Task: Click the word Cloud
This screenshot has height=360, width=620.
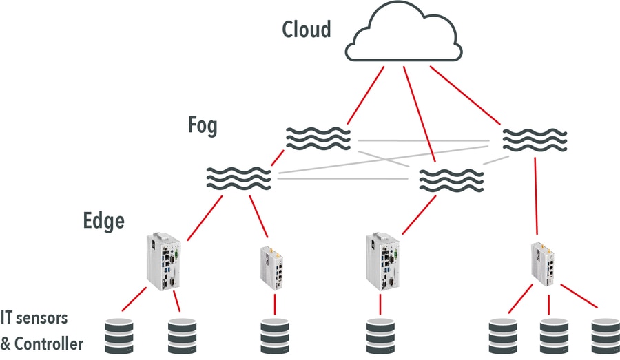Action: pyautogui.click(x=307, y=30)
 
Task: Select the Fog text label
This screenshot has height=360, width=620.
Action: pyautogui.click(x=203, y=126)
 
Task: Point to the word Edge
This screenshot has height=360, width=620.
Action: pyautogui.click(x=103, y=221)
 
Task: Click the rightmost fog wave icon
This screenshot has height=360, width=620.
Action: pyautogui.click(x=535, y=139)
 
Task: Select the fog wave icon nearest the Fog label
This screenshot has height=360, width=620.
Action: pyautogui.click(x=318, y=138)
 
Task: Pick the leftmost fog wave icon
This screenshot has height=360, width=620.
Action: pyautogui.click(x=238, y=178)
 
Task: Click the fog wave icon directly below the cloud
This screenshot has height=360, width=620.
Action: pyautogui.click(x=451, y=179)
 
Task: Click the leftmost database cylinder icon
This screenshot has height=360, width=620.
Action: pyautogui.click(x=118, y=335)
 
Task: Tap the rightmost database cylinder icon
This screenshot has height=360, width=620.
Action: pyautogui.click(x=605, y=335)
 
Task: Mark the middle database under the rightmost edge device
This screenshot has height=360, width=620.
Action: pyautogui.click(x=554, y=335)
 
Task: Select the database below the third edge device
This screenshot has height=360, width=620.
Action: pyautogui.click(x=380, y=335)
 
